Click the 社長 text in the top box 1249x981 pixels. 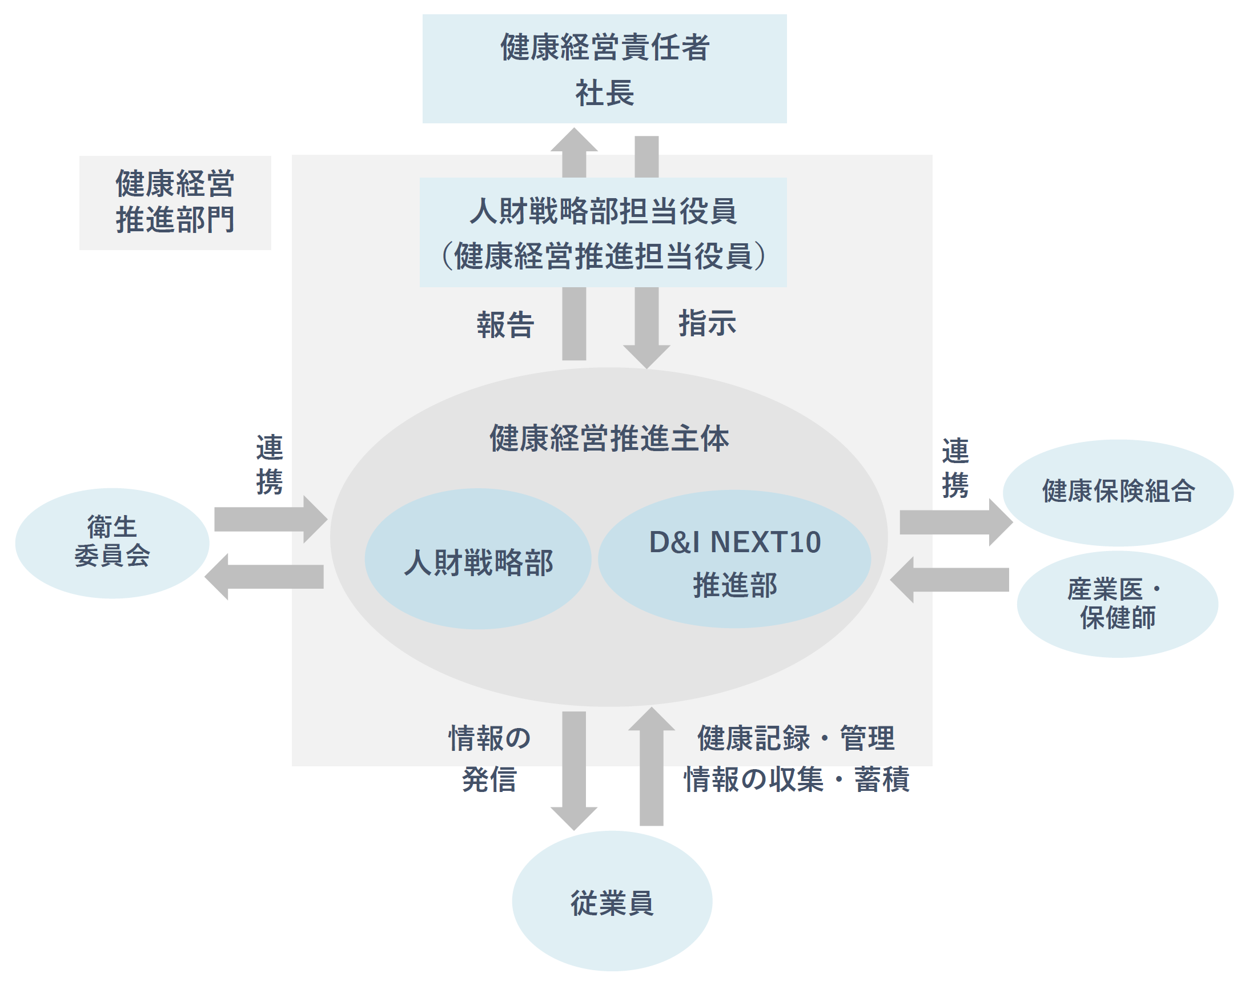(x=604, y=93)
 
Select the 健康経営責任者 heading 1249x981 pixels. (x=604, y=47)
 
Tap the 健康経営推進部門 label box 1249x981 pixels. (x=175, y=202)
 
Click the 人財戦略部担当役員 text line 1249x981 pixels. (x=603, y=211)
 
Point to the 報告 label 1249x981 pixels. (x=505, y=324)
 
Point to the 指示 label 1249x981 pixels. (x=707, y=323)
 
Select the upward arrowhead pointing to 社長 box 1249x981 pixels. (x=574, y=141)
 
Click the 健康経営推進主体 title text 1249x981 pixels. (x=609, y=438)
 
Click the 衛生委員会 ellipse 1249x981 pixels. (x=112, y=543)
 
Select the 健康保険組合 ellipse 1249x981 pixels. (x=1118, y=492)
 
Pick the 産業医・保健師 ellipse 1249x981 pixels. (x=1117, y=604)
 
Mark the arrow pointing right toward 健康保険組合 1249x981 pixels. (x=954, y=522)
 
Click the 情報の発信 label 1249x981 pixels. (x=489, y=758)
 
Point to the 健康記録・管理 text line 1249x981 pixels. (x=796, y=738)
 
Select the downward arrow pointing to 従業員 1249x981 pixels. (x=574, y=770)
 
